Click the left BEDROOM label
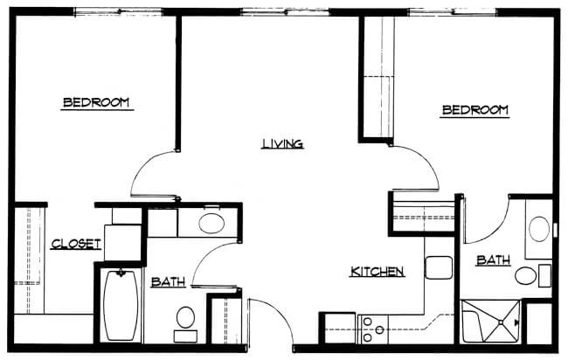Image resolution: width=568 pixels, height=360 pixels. pos(96,102)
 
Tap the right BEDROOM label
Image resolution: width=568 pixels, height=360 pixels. pos(475,110)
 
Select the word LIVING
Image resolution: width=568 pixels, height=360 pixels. pos(282,144)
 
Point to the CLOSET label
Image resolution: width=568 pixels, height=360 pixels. pos(76,244)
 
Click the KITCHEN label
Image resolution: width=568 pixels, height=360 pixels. pos(378,271)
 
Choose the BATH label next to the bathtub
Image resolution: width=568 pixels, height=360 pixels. pos(168,281)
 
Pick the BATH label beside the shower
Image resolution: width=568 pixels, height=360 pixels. pos(494,260)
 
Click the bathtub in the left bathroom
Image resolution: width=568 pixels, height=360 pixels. pos(121,305)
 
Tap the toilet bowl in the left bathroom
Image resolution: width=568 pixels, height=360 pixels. pos(185,317)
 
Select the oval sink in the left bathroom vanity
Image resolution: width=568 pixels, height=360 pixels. pos(211,224)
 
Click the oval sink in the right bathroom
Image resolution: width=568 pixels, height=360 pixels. pos(539,229)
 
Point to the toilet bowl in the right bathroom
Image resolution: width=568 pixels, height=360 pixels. pos(525,275)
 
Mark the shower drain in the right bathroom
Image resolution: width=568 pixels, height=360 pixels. pos(501,322)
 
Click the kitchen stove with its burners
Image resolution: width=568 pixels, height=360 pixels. pos(373,329)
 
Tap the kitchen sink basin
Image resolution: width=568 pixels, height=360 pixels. pos(439,267)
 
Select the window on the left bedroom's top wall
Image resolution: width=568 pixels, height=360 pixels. pos(119,12)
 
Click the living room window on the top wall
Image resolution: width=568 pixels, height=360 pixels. pos(286,12)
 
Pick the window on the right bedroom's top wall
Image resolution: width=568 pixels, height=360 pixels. pos(453,12)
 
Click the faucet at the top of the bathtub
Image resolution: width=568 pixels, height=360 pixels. pos(121,273)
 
